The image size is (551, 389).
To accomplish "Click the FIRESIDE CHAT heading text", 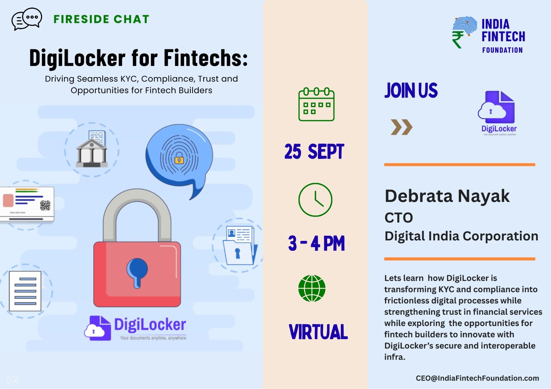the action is point(101,19).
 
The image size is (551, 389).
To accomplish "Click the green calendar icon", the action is point(316,104).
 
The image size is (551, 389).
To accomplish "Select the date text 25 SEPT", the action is point(314,151).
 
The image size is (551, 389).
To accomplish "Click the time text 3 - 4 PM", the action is point(316,243).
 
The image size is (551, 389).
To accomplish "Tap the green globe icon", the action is point(312,288).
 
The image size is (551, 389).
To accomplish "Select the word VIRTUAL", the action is point(318,332).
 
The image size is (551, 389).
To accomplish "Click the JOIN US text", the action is point(411,90).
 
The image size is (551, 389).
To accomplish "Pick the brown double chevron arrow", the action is point(402,127).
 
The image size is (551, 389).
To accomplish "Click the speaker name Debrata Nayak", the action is point(447,196).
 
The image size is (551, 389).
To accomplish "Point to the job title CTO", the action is point(399,218).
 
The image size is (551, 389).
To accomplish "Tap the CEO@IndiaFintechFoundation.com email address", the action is point(477,378).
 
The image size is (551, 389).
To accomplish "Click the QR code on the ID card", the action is point(45,205).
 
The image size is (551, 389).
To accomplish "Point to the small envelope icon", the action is point(13,380).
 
